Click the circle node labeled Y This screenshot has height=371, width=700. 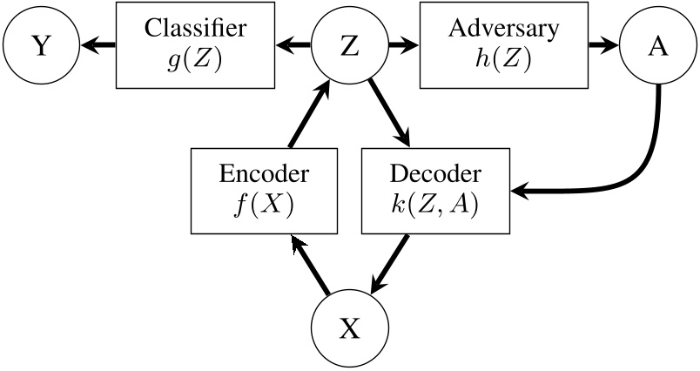click(40, 46)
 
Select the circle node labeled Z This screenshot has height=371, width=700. click(348, 46)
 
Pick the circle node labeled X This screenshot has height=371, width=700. click(348, 328)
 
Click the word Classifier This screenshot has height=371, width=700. click(195, 29)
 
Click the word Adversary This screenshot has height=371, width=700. click(503, 29)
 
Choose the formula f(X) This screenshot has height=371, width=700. click(264, 206)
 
